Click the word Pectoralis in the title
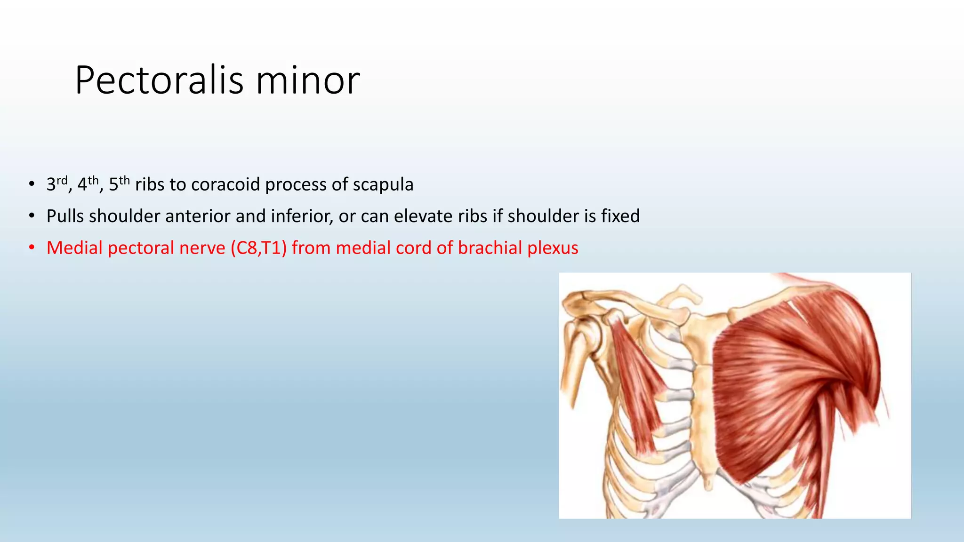[159, 80]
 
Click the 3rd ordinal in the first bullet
[57, 183]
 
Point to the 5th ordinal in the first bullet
[119, 183]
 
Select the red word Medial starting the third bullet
[74, 248]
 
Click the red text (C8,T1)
[258, 248]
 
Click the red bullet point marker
[32, 247]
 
